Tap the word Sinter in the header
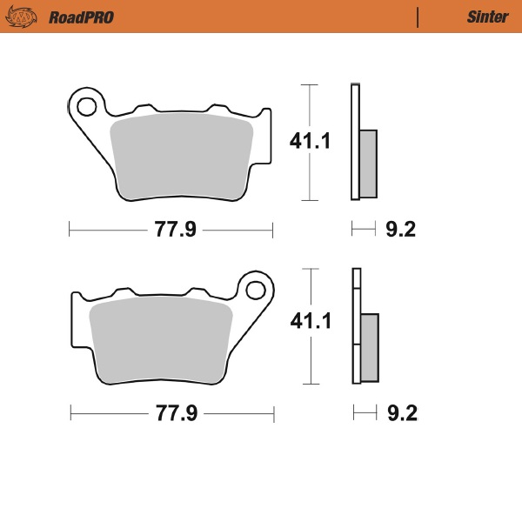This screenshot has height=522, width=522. pyautogui.click(x=481, y=17)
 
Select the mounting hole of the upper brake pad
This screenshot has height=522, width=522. pyautogui.click(x=86, y=107)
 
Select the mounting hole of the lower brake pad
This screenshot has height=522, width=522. pyautogui.click(x=256, y=289)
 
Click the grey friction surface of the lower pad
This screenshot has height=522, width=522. pyautogui.click(x=161, y=339)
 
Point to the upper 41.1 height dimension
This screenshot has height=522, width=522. pyautogui.click(x=311, y=142)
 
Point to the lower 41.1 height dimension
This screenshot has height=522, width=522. pyautogui.click(x=311, y=322)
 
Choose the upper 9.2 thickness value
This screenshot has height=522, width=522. pyautogui.click(x=400, y=230)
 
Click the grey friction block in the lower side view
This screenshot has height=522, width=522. pyautogui.click(x=370, y=346)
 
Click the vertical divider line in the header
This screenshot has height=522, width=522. pyautogui.click(x=418, y=17)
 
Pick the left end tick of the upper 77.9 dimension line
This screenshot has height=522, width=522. pyautogui.click(x=69, y=230)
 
